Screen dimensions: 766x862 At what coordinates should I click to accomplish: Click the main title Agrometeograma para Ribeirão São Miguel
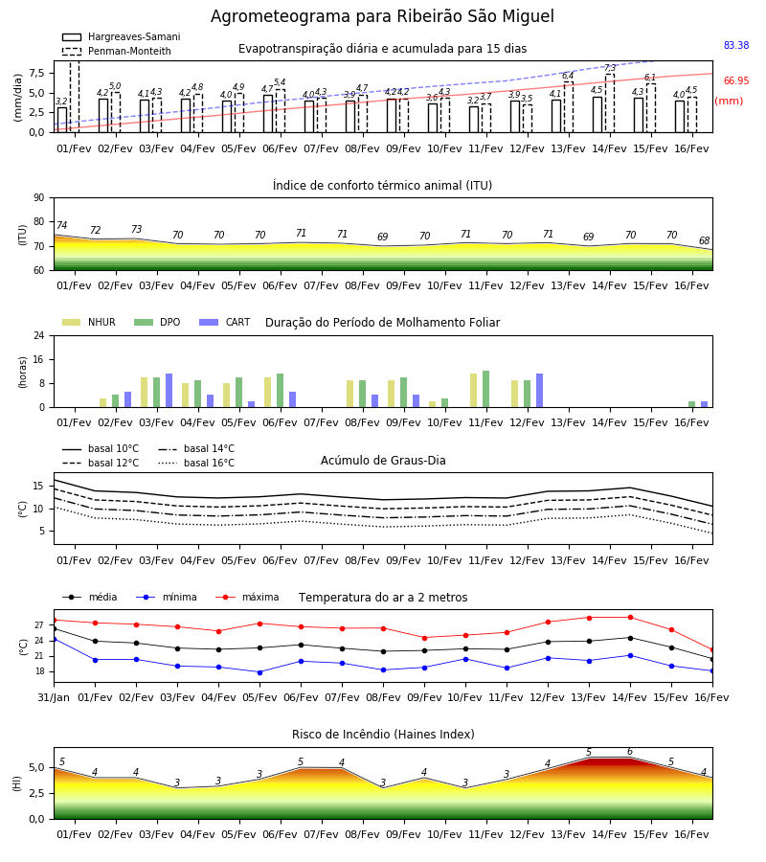[382, 16]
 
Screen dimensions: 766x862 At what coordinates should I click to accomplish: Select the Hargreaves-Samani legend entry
[121, 36]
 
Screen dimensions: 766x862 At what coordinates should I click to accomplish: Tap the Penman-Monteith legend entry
[117, 51]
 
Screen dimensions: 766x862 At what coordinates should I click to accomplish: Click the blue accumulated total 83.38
[736, 45]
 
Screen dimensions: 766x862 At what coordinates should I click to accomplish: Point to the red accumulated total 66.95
[736, 80]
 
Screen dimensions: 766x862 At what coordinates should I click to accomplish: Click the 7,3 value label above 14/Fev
[611, 68]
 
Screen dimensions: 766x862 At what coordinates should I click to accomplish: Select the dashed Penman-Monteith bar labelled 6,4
[568, 107]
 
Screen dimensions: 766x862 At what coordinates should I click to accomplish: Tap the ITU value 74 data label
[61, 225]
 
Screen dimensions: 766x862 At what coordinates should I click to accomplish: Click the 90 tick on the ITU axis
[39, 198]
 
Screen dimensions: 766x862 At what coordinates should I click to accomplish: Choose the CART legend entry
[225, 322]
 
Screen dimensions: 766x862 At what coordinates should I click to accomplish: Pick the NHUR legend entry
[89, 322]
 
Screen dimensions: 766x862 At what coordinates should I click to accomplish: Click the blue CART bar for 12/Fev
[540, 391]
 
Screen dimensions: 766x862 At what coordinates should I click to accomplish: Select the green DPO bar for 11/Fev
[485, 389]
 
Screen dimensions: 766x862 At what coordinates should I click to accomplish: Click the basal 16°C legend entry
[196, 463]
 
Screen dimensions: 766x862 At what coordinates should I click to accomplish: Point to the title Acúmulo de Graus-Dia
[383, 460]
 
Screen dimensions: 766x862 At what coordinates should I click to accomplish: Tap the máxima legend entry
[247, 597]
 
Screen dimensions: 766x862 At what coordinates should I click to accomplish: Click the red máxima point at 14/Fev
[630, 618]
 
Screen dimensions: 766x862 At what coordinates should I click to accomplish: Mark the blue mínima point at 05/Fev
[259, 672]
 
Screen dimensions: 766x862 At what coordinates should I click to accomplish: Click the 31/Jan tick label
[54, 697]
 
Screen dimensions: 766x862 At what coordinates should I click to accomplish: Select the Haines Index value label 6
[630, 752]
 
